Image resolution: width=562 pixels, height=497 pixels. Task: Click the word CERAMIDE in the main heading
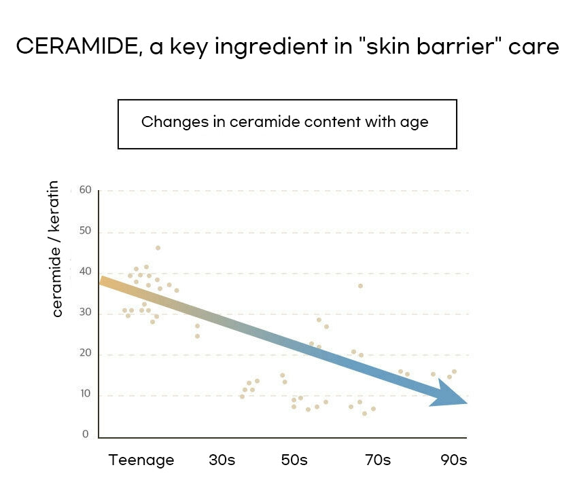[x=76, y=47]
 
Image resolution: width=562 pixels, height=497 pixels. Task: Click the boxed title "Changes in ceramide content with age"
[x=287, y=123]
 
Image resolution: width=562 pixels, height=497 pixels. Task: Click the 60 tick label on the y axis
[x=85, y=189]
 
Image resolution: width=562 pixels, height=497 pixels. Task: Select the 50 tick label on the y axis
[x=85, y=231]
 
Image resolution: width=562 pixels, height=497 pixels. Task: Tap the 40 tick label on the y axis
[x=85, y=272]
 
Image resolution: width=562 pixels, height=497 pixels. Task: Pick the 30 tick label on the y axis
[x=85, y=313]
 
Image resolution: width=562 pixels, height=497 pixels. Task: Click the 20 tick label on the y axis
[x=85, y=354]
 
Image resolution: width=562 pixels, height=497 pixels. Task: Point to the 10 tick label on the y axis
[x=85, y=394]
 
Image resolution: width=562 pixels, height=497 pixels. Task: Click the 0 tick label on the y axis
[x=86, y=435]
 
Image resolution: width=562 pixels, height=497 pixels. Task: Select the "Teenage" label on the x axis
[x=141, y=460]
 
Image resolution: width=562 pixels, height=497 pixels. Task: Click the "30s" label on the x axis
[x=222, y=460]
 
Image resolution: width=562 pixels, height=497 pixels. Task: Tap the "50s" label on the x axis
[x=294, y=460]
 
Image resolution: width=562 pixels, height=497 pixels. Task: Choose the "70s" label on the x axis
[x=377, y=460]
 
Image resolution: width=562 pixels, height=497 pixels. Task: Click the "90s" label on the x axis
[x=453, y=460]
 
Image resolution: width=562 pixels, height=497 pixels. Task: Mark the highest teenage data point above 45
[x=158, y=248]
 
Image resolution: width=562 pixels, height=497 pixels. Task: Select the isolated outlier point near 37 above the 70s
[x=360, y=286]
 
